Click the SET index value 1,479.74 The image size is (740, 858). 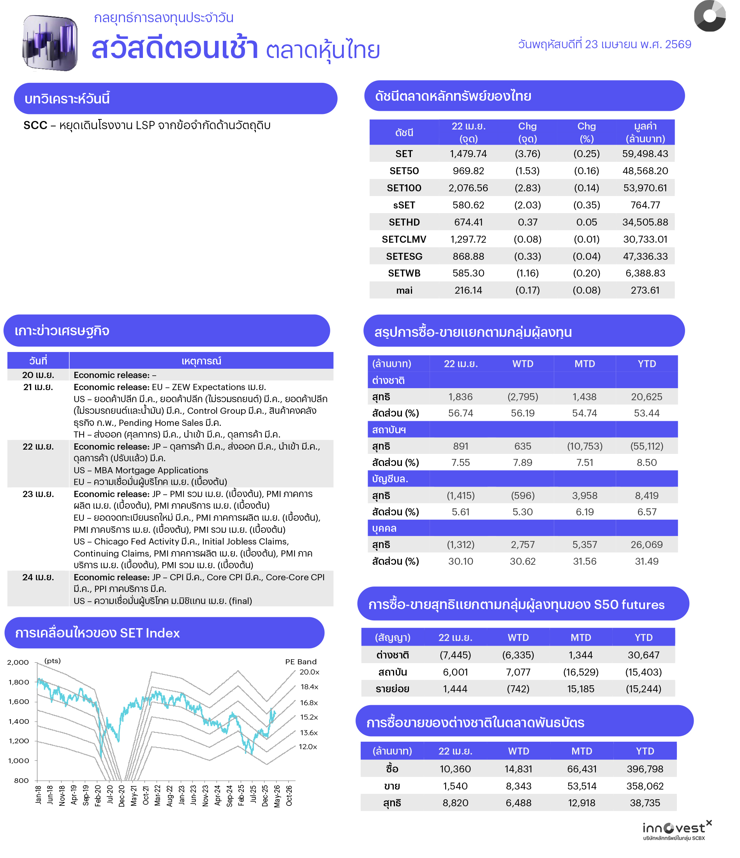(x=468, y=154)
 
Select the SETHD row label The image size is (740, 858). (x=404, y=222)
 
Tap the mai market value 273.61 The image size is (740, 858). (x=645, y=290)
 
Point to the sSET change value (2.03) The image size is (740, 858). (x=527, y=205)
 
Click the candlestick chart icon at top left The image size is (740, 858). (x=50, y=43)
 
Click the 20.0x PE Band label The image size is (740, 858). (x=309, y=672)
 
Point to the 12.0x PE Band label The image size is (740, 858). (x=308, y=747)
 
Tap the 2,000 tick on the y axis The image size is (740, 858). (x=18, y=662)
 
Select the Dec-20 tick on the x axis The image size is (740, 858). (x=122, y=795)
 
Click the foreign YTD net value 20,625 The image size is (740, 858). (x=646, y=397)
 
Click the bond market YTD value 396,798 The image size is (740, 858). (x=645, y=769)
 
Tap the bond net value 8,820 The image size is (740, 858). (x=455, y=803)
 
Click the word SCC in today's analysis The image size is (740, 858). (x=35, y=126)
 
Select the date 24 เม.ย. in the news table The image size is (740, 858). (x=38, y=577)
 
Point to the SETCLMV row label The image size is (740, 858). (x=404, y=239)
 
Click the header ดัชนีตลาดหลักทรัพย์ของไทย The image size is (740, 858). (x=453, y=96)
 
